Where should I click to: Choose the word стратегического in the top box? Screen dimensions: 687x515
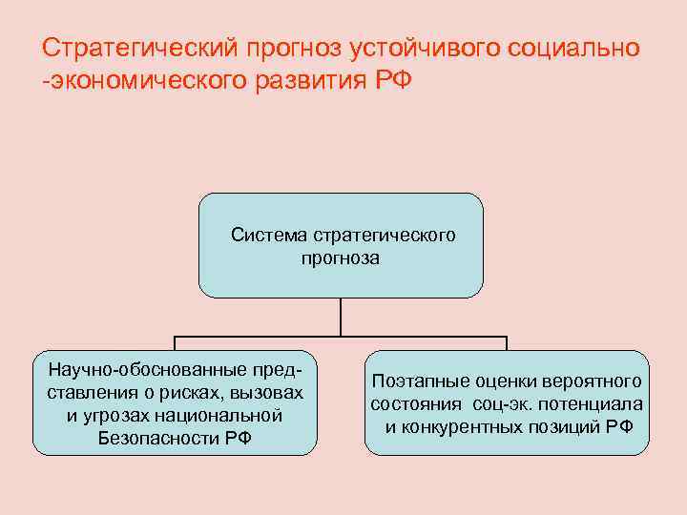tap(383, 235)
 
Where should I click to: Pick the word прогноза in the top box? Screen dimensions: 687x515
tap(340, 257)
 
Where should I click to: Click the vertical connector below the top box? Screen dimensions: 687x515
tap(341, 318)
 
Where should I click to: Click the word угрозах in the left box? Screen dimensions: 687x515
tap(119, 415)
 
